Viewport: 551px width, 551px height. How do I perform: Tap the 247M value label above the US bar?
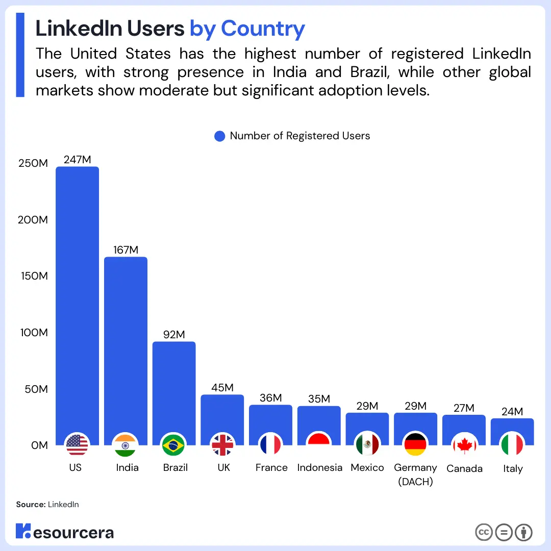click(77, 159)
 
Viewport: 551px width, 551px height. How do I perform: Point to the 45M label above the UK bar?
click(222, 388)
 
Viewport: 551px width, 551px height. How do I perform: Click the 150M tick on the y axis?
click(33, 276)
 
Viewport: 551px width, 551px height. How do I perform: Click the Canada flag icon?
click(464, 445)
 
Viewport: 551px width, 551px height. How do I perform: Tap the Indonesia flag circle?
click(319, 445)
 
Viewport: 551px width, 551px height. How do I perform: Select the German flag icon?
click(415, 445)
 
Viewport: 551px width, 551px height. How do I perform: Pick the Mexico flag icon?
click(367, 445)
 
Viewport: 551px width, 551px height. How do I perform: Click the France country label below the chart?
click(271, 468)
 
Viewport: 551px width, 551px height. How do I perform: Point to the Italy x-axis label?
click(513, 469)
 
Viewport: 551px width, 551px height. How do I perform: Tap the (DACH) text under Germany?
click(415, 482)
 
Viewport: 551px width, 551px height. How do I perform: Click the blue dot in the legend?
click(219, 136)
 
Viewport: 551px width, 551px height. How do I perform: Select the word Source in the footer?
click(30, 505)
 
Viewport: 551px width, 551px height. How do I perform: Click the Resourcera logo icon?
click(23, 531)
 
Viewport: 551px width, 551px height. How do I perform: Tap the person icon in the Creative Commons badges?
click(523, 532)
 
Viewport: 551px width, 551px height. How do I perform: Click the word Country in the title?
click(263, 29)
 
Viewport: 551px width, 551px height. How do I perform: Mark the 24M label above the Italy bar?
click(512, 412)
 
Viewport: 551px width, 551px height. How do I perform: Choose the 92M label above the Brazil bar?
click(174, 335)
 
